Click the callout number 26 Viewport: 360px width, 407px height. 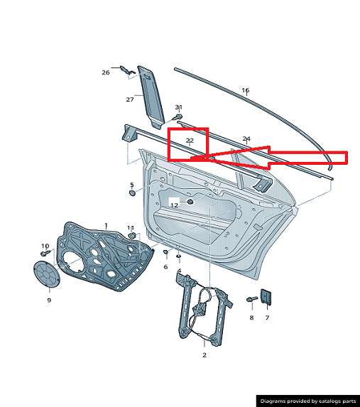(x=106, y=72)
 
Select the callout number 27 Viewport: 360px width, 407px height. (x=130, y=99)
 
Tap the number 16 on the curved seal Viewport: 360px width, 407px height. (x=246, y=90)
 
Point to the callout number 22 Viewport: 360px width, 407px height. (x=190, y=141)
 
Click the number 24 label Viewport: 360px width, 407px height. (x=246, y=139)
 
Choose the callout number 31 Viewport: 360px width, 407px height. (x=178, y=107)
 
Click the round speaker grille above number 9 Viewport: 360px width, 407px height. (x=47, y=274)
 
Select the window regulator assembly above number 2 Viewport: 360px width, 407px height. (x=204, y=309)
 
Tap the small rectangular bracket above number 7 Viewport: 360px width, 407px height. (x=266, y=297)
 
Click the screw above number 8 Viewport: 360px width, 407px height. (x=252, y=299)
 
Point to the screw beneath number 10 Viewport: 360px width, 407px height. (x=45, y=253)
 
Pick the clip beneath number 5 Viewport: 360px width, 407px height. (x=132, y=193)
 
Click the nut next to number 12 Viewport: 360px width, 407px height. (x=190, y=202)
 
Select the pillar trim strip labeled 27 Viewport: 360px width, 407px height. (x=151, y=97)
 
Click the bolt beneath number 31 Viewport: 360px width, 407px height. (x=178, y=116)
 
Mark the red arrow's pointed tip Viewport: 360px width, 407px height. (x=191, y=158)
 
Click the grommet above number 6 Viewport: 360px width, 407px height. (x=165, y=251)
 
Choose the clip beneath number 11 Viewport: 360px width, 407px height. (x=132, y=236)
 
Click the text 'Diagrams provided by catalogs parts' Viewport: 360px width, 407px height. (x=308, y=401)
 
